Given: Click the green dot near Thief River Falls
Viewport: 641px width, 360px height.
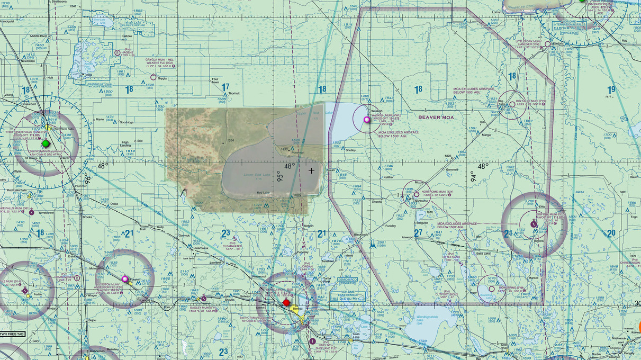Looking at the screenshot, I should [46, 143].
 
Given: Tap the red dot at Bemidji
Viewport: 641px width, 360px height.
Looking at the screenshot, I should [286, 303].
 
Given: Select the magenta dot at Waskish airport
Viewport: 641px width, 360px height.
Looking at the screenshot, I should [367, 120].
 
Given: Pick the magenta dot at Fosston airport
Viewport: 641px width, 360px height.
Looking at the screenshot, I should [125, 278].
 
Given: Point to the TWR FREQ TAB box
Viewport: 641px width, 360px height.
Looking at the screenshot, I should [12, 334].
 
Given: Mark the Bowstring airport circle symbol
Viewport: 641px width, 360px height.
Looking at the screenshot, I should [492, 289].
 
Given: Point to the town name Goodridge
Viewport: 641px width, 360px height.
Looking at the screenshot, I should [127, 122].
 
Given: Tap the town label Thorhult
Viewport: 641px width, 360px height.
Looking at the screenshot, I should [233, 93].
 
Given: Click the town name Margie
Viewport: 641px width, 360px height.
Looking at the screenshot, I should [486, 134].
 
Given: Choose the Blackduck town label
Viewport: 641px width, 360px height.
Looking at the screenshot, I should [360, 235].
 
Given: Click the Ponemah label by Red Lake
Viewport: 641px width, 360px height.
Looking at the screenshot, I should [299, 152].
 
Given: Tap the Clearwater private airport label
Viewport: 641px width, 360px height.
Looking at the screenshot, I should [232, 246].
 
